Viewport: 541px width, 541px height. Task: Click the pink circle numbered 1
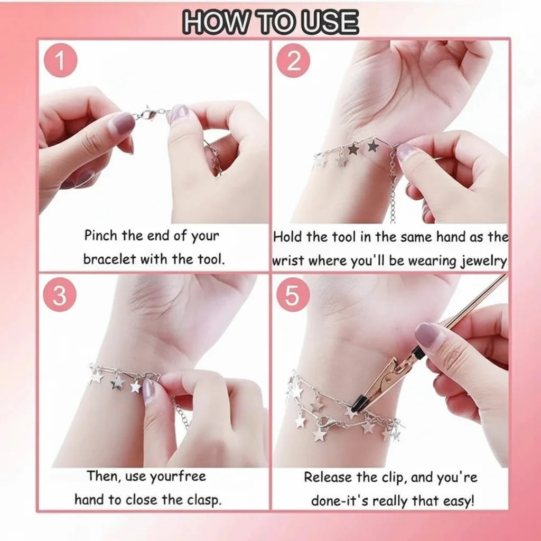60,61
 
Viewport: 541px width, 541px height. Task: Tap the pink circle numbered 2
294,61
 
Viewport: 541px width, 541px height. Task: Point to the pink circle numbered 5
293,295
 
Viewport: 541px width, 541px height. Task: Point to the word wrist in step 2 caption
288,261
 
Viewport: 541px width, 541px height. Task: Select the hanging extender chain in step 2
392,186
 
